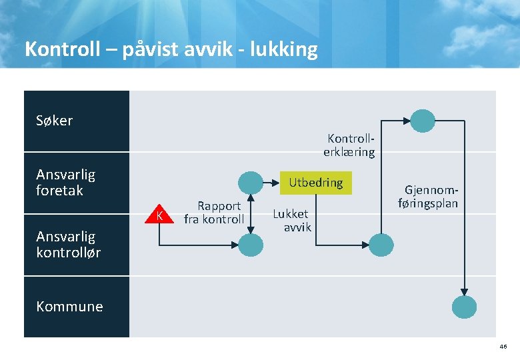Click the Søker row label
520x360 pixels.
[55, 121]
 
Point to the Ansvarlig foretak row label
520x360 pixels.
[65, 182]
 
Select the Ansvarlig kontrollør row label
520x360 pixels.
[68, 244]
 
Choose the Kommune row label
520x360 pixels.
[69, 307]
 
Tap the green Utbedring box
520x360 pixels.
[315, 182]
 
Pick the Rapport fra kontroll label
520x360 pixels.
[215, 213]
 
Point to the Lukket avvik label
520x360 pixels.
[292, 220]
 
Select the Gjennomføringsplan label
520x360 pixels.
[428, 197]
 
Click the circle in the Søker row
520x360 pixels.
[422, 121]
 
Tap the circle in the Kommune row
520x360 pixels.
[465, 307]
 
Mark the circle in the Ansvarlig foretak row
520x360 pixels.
[251, 183]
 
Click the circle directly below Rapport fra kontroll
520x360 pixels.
[251, 244]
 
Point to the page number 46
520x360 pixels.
[502, 347]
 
